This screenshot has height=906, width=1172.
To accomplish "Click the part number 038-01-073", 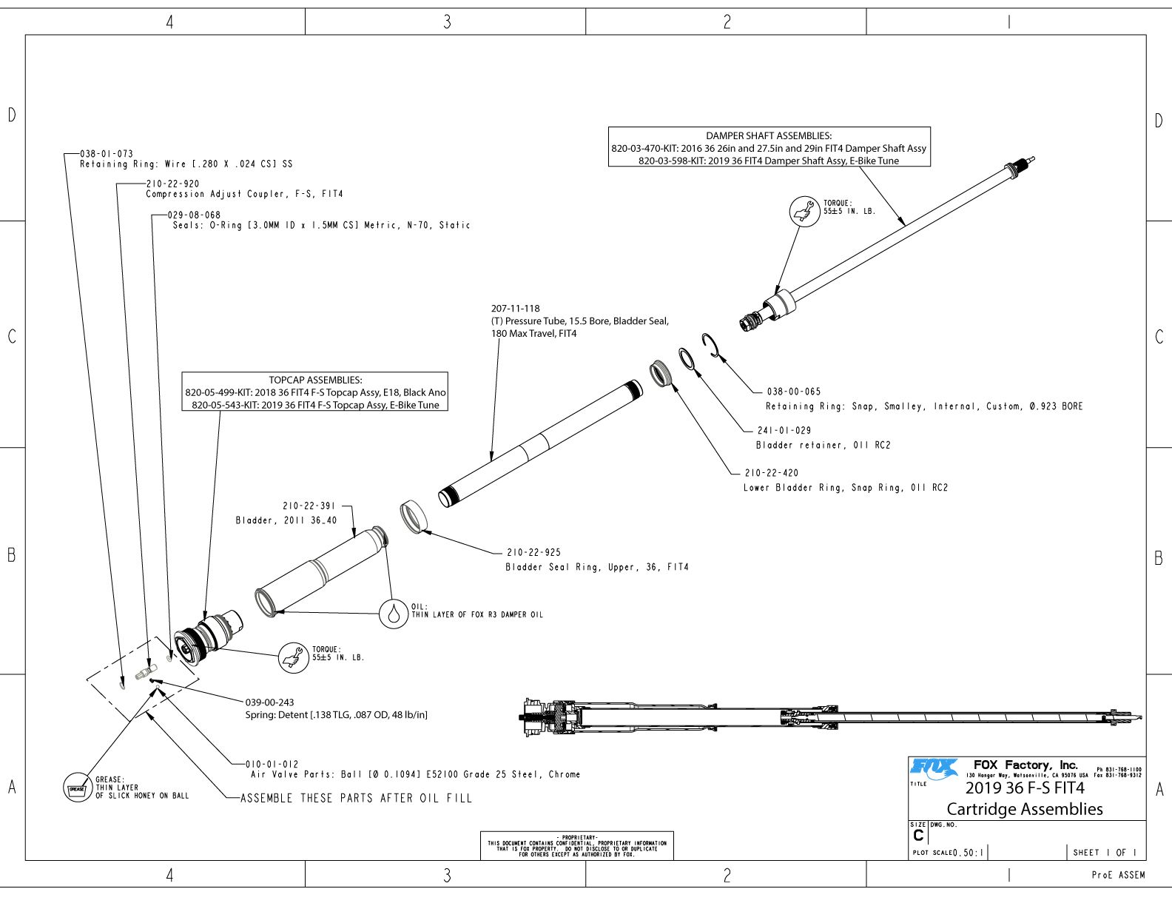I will pos(107,154).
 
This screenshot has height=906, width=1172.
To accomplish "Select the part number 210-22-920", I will pos(172,184).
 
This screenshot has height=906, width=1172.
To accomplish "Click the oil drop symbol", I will pos(394,614).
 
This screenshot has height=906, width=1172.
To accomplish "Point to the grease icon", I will pos(77,788).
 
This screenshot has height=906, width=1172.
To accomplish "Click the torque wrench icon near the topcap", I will pos(293,657).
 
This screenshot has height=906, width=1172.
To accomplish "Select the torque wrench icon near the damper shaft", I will pos(804,211).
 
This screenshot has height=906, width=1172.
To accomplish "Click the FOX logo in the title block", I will pos(934,769).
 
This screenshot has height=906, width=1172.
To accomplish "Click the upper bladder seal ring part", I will pos(416,516).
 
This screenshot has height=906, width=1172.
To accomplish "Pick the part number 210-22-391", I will pos(309,506).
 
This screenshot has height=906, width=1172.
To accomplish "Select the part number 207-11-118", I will pos(516,309).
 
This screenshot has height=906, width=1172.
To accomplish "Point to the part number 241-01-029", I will pos(784,430).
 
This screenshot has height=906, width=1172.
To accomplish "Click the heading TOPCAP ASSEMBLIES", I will pos(315,380).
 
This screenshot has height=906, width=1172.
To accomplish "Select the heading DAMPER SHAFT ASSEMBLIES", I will pos(768,135).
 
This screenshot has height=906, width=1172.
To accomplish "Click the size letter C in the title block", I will pos(918,836).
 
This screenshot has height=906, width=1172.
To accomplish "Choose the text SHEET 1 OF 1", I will pos(1104,853).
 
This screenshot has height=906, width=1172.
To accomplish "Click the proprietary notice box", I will pos(576,845).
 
